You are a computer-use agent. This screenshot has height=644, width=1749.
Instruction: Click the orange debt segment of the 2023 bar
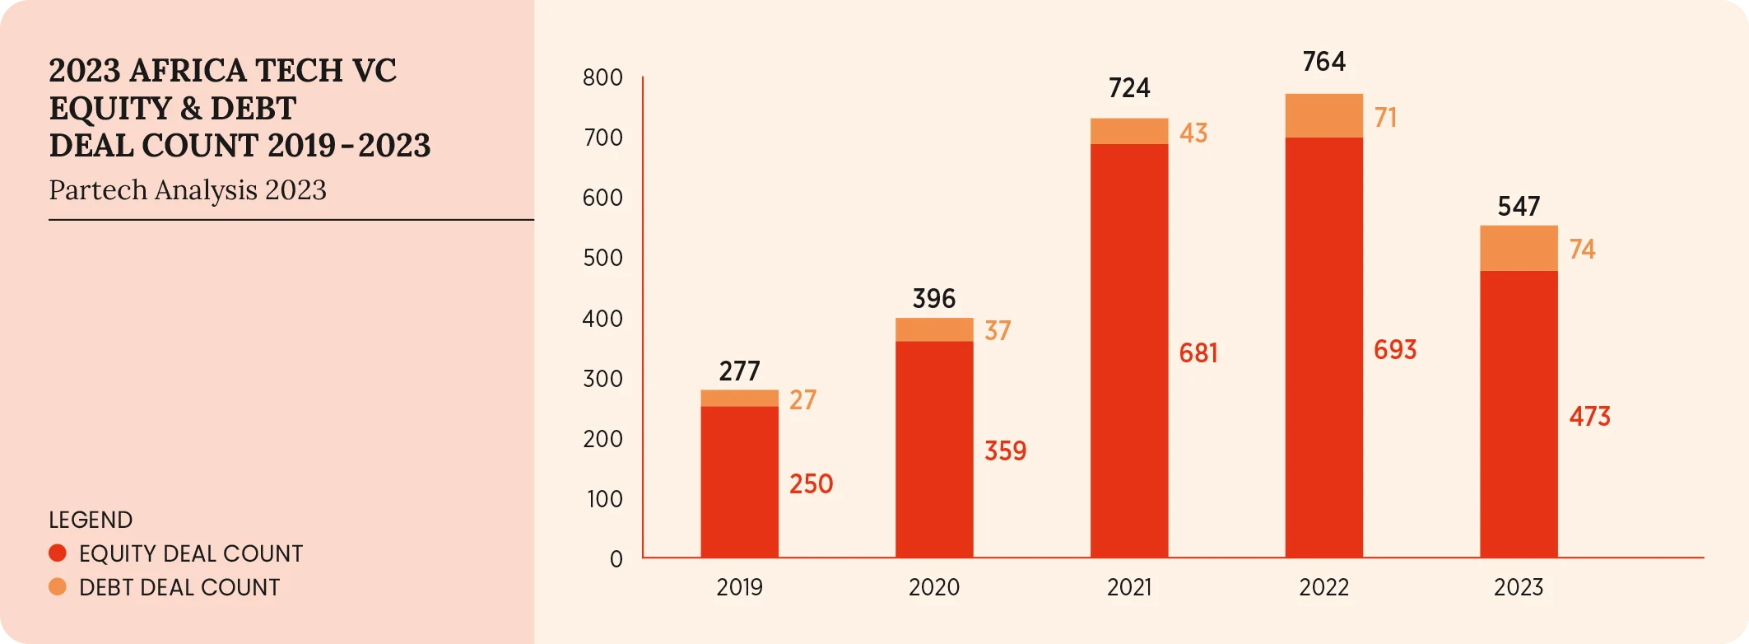(1519, 248)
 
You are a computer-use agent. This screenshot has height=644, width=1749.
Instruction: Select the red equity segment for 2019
(739, 482)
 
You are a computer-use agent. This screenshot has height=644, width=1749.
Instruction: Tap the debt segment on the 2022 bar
(1323, 115)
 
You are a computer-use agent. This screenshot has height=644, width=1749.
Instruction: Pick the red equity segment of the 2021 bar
(1128, 351)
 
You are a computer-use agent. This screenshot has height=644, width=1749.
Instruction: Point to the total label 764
(1323, 62)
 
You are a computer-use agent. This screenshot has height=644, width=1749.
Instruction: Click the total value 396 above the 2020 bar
(933, 298)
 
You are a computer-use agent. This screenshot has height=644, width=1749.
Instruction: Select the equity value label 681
(1198, 353)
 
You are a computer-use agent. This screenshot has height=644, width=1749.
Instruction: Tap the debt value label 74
(1582, 250)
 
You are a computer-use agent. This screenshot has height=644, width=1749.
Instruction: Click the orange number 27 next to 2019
(802, 400)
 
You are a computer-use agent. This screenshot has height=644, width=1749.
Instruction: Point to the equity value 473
(1589, 417)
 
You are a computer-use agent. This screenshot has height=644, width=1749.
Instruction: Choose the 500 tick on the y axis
(602, 258)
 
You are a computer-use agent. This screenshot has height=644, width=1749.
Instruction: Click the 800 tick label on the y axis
(602, 78)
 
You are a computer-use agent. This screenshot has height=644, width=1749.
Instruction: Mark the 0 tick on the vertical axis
(616, 559)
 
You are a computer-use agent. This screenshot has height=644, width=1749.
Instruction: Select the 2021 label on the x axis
(1128, 587)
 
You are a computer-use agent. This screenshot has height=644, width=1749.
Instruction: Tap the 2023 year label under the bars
(1519, 587)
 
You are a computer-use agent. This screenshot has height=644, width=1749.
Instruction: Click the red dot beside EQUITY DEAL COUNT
(58, 553)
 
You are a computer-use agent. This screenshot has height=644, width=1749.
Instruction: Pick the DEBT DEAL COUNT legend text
(179, 587)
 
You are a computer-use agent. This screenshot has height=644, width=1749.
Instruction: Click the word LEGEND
(91, 520)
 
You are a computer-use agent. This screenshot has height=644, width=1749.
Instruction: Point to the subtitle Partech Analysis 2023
(188, 190)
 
